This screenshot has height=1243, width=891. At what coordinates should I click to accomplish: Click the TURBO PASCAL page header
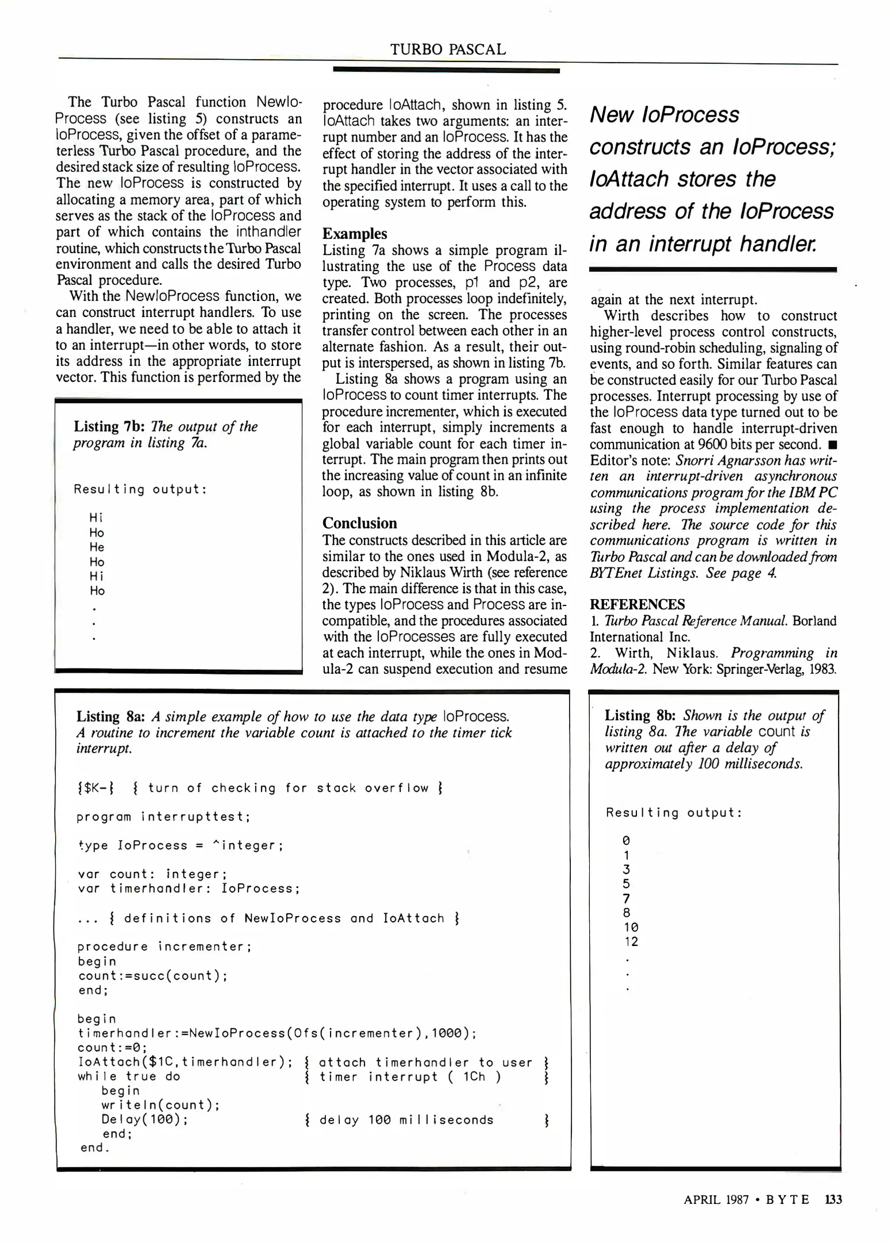coord(448,49)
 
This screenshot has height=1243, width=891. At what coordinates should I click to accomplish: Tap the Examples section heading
coord(354,234)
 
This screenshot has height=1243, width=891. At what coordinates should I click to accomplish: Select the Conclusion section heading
coord(359,523)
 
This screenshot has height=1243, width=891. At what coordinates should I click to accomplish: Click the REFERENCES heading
coord(637,604)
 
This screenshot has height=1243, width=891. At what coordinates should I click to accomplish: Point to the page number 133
coord(833,1199)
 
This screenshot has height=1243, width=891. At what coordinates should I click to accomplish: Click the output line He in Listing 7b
coord(97,547)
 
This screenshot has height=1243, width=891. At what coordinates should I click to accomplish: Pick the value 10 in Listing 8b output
coord(631,928)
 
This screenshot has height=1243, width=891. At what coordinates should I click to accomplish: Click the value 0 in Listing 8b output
coord(626,841)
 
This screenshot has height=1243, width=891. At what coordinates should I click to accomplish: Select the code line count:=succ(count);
coord(153,976)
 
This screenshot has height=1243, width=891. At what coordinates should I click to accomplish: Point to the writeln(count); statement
coord(161,1105)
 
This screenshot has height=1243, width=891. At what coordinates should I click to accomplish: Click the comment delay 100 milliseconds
coord(406,1120)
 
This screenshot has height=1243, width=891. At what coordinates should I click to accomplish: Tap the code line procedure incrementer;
coord(164,947)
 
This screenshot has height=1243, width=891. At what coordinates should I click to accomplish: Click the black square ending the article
coord(832,445)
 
